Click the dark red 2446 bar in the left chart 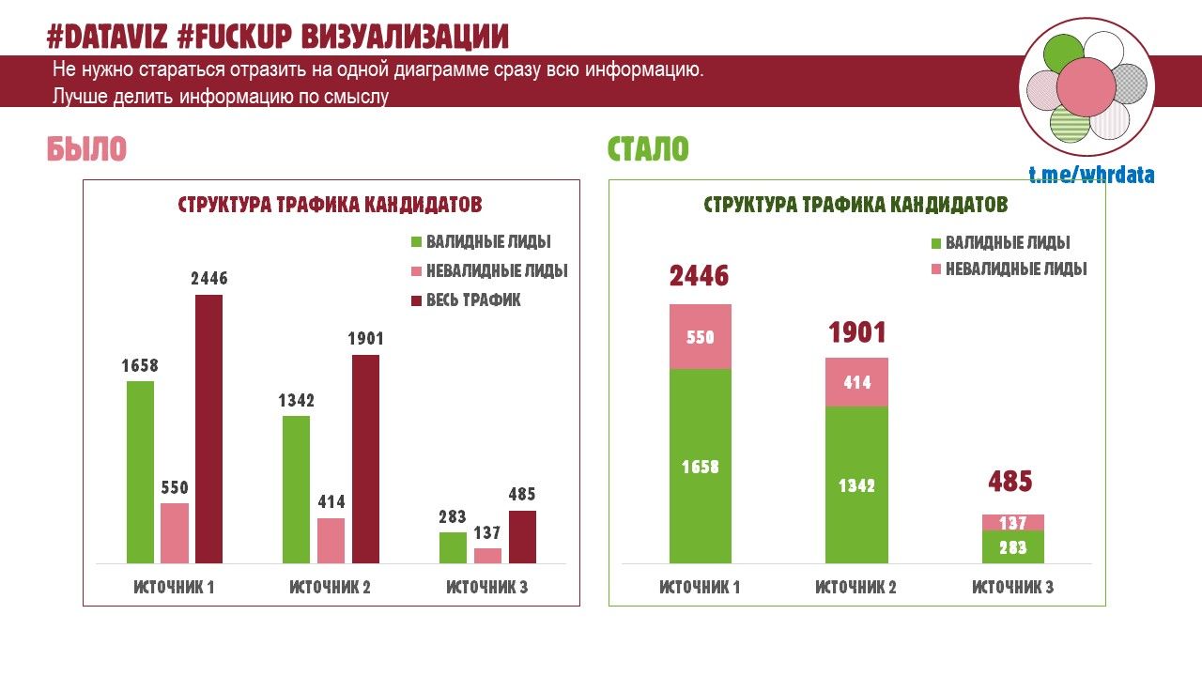point(208,429)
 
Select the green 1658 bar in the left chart point(140,472)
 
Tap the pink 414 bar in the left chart point(331,541)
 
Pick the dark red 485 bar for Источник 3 point(522,537)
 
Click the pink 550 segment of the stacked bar point(700,337)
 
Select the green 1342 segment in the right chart point(856,484)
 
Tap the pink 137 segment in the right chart point(1012,523)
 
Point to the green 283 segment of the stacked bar point(1012,547)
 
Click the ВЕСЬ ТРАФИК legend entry point(465,300)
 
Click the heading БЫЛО point(86,149)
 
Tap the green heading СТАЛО point(648,149)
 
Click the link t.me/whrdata point(1091,176)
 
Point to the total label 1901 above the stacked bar point(856,333)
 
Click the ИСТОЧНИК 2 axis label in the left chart point(330,588)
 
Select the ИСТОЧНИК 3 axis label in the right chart point(1012,588)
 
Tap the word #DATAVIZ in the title point(106,37)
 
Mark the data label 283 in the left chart point(453,516)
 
